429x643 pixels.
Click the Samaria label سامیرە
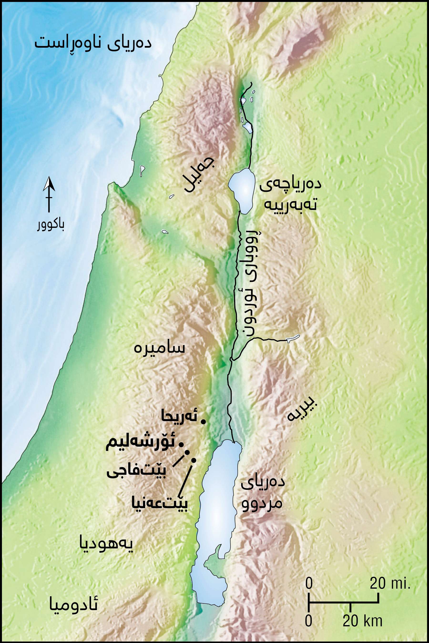click(x=159, y=348)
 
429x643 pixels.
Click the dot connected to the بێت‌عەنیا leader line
click(x=194, y=460)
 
